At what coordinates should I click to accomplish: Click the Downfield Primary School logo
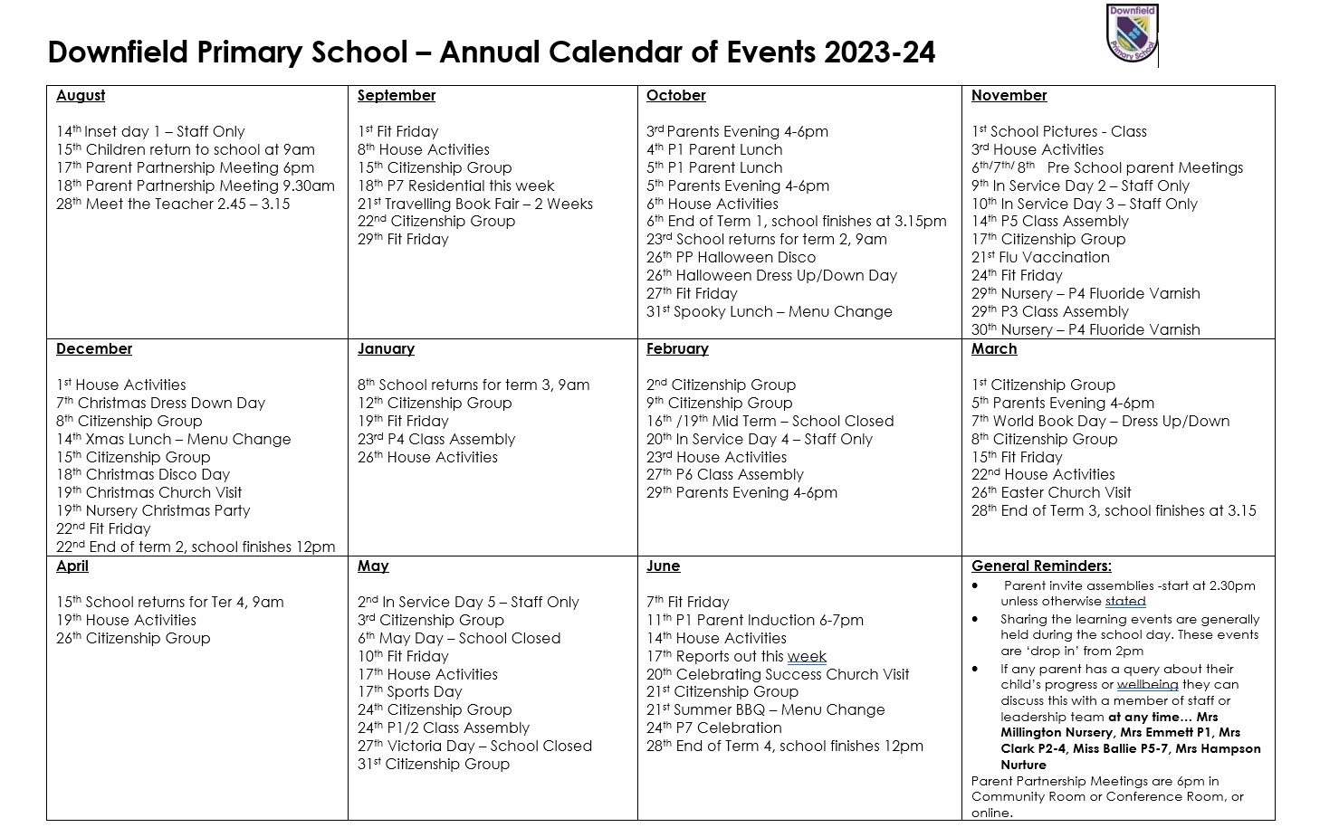tap(1133, 34)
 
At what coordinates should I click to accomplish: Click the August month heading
tap(81, 96)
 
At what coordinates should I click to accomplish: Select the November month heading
tap(1009, 96)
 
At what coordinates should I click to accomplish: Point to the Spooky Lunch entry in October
tap(769, 312)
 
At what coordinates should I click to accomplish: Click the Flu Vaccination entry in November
tap(1040, 258)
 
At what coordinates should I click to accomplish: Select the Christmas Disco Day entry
tap(143, 475)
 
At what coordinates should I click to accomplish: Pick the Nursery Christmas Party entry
tap(153, 511)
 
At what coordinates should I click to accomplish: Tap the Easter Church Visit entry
tap(1051, 493)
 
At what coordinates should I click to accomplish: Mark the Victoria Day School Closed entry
tap(474, 747)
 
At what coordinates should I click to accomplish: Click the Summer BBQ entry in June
tap(765, 710)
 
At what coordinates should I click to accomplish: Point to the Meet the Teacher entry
tap(173, 204)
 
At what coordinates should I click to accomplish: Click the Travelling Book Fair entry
tap(475, 204)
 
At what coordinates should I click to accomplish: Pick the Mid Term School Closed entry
tap(770, 422)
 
